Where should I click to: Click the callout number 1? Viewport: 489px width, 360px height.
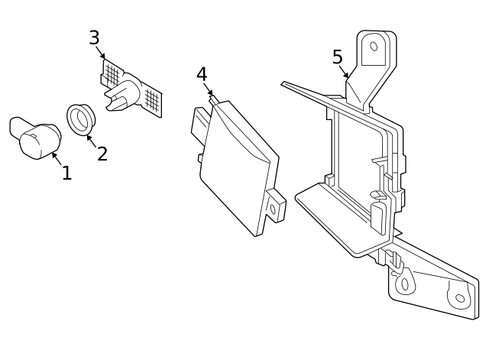[66, 174]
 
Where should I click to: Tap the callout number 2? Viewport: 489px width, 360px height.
[102, 154]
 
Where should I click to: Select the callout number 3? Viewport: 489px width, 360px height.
[94, 38]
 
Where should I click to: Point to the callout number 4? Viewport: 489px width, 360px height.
[202, 75]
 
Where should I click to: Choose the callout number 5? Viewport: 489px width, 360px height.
[337, 57]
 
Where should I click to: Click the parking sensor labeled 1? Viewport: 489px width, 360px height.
[34, 138]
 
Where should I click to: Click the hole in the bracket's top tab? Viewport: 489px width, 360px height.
[374, 46]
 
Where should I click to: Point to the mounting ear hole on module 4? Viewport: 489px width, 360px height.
[272, 208]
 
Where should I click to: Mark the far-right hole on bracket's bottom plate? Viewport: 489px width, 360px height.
[460, 298]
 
